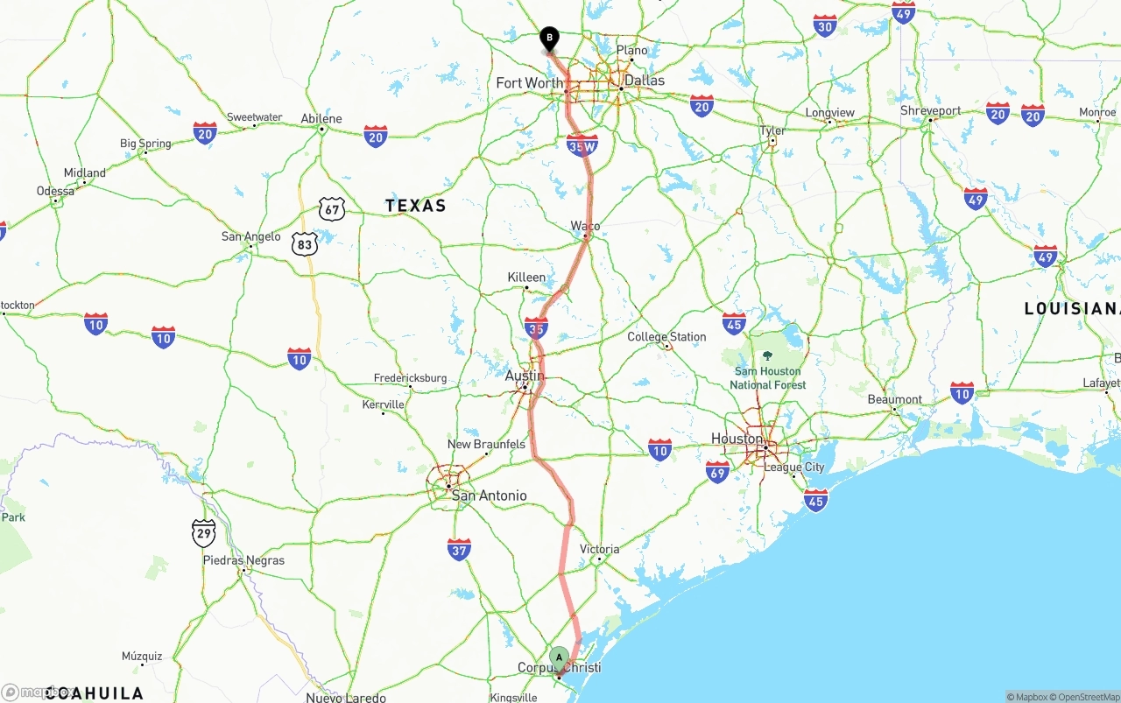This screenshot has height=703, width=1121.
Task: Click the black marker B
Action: (549, 39)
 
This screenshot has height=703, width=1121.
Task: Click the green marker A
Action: (559, 657)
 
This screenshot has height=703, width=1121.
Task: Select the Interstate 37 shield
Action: (459, 549)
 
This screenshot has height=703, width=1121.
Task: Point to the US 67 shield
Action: (332, 208)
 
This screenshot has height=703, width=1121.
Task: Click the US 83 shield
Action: (305, 244)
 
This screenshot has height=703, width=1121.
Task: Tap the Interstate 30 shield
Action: (825, 25)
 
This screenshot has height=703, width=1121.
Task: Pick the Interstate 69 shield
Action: (717, 472)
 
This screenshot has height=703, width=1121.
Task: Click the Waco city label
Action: (585, 226)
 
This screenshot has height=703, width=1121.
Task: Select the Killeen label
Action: (526, 278)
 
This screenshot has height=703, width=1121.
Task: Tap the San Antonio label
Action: (489, 496)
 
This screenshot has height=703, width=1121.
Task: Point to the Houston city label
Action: (737, 439)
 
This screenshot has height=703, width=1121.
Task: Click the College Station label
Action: (666, 337)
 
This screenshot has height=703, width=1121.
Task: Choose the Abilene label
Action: (321, 119)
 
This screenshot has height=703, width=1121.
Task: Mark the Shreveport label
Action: (930, 111)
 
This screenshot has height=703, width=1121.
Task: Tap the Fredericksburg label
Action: (410, 378)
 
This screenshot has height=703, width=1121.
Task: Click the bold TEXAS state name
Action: (416, 206)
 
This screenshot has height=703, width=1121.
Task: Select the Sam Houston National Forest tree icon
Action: (768, 355)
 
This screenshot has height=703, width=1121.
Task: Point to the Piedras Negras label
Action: (243, 560)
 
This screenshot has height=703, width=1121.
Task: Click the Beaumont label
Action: (894, 399)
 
